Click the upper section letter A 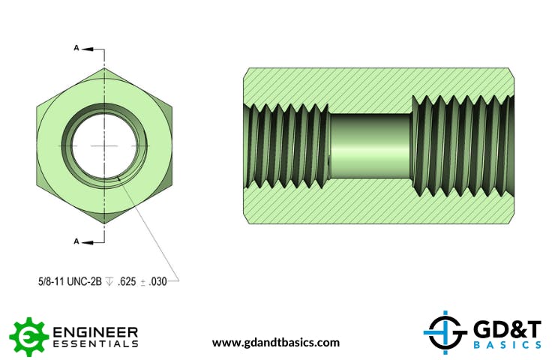pos(76,48)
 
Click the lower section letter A pos(76,241)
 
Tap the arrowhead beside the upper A pos(88,49)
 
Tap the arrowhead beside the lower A pos(88,242)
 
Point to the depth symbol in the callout pos(109,281)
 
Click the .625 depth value pos(127,281)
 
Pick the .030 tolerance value pos(157,281)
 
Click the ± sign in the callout pos(142,282)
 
